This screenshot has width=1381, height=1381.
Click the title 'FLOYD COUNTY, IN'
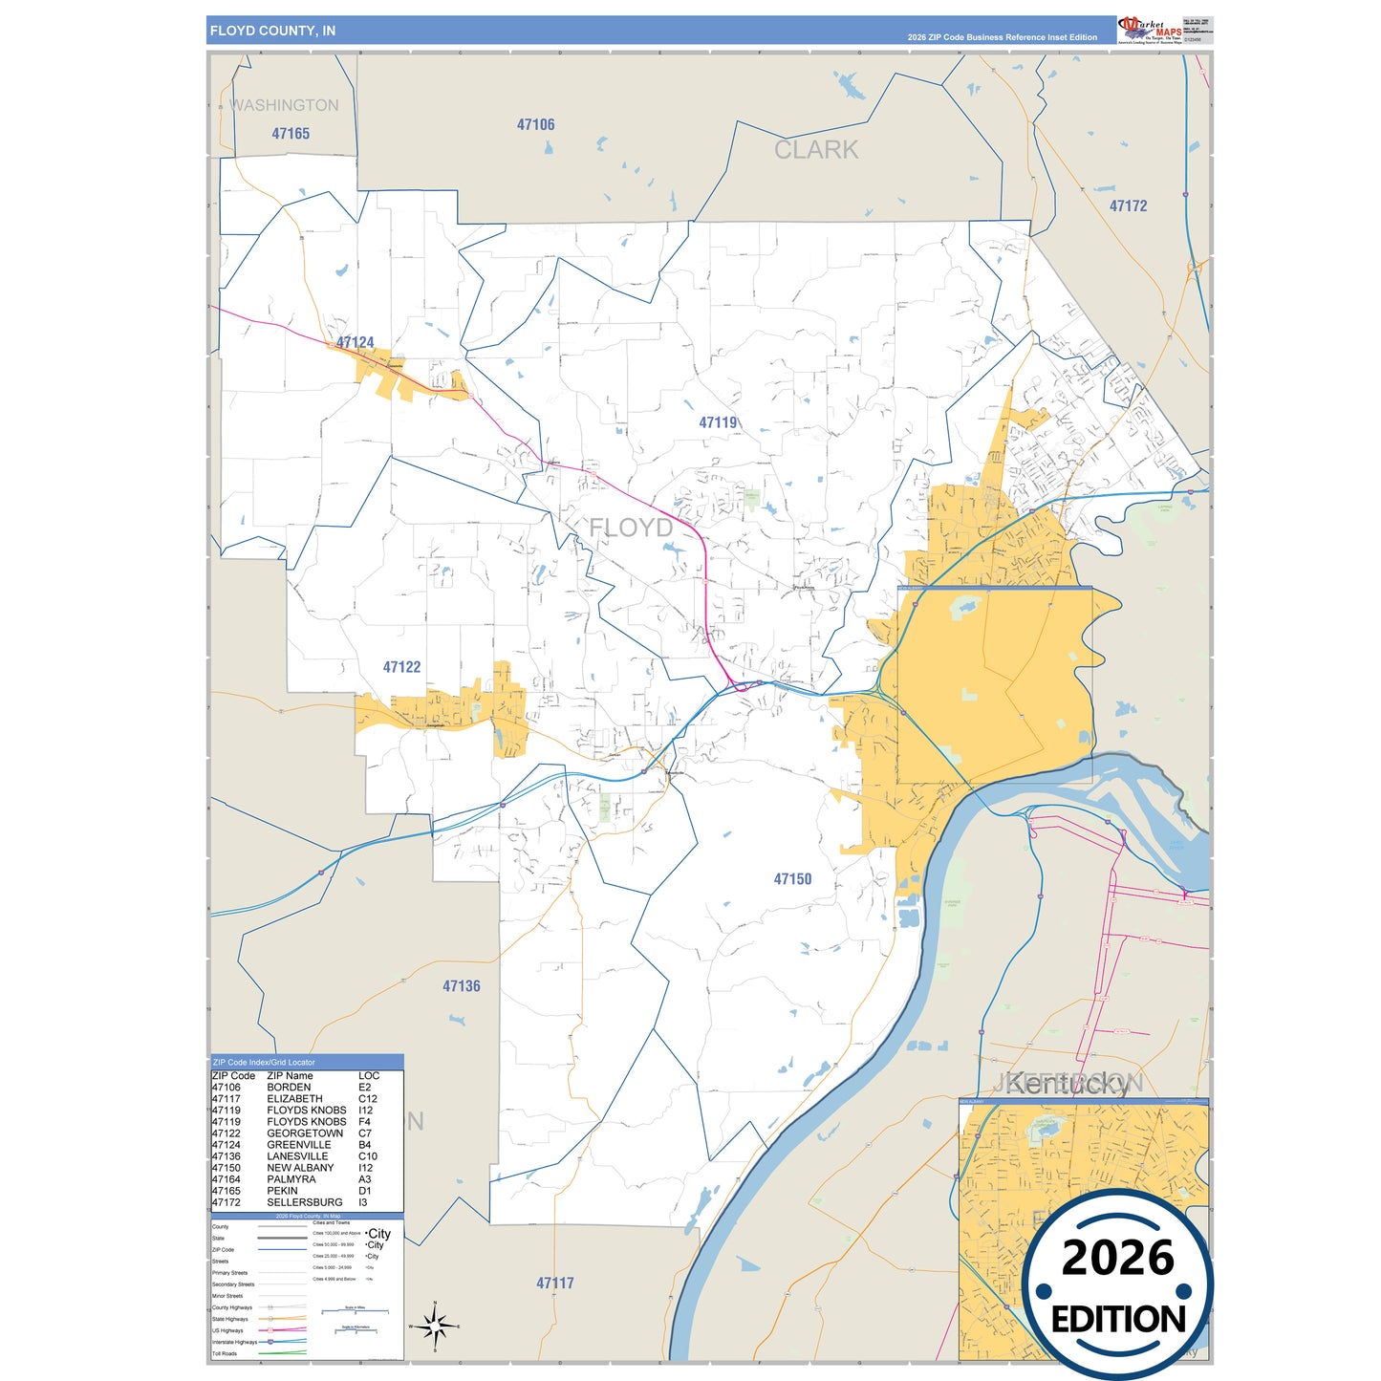click(272, 31)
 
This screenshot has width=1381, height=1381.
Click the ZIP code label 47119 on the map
click(718, 422)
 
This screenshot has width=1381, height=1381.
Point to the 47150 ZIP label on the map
click(792, 879)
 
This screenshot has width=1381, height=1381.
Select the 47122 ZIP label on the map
click(401, 667)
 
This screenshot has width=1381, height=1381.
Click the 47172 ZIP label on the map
click(1128, 205)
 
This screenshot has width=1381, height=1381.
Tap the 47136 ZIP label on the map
click(461, 986)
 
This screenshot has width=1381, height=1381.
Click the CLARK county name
click(816, 150)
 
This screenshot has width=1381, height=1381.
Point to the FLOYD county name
click(631, 528)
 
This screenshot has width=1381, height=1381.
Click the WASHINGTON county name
click(284, 105)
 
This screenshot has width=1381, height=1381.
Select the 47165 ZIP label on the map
click(291, 134)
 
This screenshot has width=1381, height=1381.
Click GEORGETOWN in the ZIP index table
click(305, 1133)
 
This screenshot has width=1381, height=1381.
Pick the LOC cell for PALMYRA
click(364, 1179)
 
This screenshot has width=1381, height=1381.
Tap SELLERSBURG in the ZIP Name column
click(304, 1202)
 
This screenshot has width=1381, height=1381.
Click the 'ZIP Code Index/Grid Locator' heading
click(264, 1062)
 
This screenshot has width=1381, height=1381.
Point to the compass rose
click(435, 1327)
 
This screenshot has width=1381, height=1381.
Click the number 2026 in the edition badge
click(1117, 1258)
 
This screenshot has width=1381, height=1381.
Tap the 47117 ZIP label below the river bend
click(554, 1284)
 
